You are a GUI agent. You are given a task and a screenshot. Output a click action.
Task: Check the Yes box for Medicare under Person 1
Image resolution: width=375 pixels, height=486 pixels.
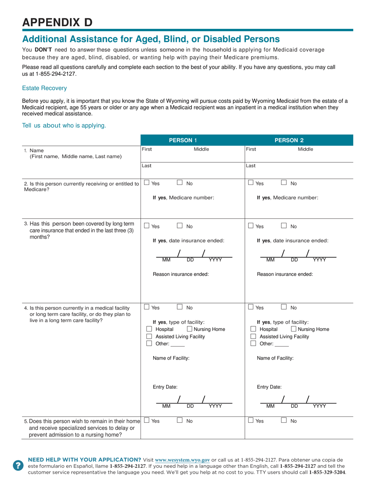(x=147, y=183)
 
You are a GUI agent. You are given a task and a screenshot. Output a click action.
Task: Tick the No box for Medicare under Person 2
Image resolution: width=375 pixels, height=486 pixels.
(x=284, y=183)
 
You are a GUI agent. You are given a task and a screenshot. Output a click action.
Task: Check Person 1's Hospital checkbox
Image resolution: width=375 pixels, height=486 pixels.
(x=149, y=329)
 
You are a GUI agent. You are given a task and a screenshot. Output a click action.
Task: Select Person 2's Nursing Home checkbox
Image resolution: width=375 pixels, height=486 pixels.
(x=294, y=329)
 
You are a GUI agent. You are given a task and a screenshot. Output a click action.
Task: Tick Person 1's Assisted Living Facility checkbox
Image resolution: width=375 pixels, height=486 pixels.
(x=149, y=337)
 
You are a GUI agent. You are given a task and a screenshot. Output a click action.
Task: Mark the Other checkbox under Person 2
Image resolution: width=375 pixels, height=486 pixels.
(x=253, y=344)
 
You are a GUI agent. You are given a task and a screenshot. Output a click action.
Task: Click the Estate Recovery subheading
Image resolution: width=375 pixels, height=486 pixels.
(x=44, y=88)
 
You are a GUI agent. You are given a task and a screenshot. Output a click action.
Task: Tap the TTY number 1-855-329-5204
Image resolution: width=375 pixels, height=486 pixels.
(x=327, y=472)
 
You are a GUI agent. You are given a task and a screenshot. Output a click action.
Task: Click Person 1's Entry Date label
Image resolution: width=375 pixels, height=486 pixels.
(x=165, y=387)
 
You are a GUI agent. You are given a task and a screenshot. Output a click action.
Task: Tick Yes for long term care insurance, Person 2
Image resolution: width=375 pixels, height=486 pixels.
(x=251, y=226)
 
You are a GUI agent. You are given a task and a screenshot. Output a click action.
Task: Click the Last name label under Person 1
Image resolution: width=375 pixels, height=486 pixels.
(x=146, y=166)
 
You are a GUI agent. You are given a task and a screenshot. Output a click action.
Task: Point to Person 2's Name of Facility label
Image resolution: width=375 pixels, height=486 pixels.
(x=275, y=358)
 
